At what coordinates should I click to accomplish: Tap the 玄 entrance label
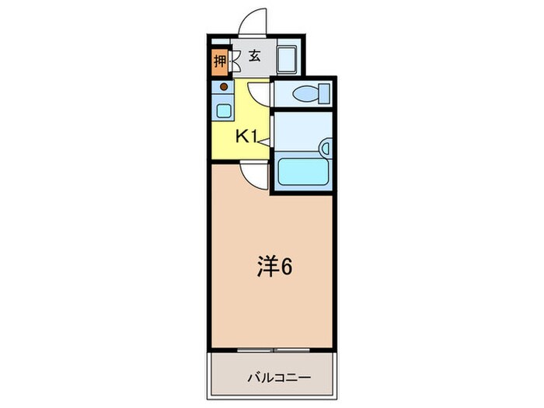[x=254, y=56]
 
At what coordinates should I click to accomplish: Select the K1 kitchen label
[x=247, y=137]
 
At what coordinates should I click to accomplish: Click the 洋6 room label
[x=274, y=267]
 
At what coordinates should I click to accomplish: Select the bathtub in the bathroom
[x=302, y=172]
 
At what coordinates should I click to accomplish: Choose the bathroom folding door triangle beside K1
[x=263, y=140]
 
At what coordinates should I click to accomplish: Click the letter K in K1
[x=242, y=137]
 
